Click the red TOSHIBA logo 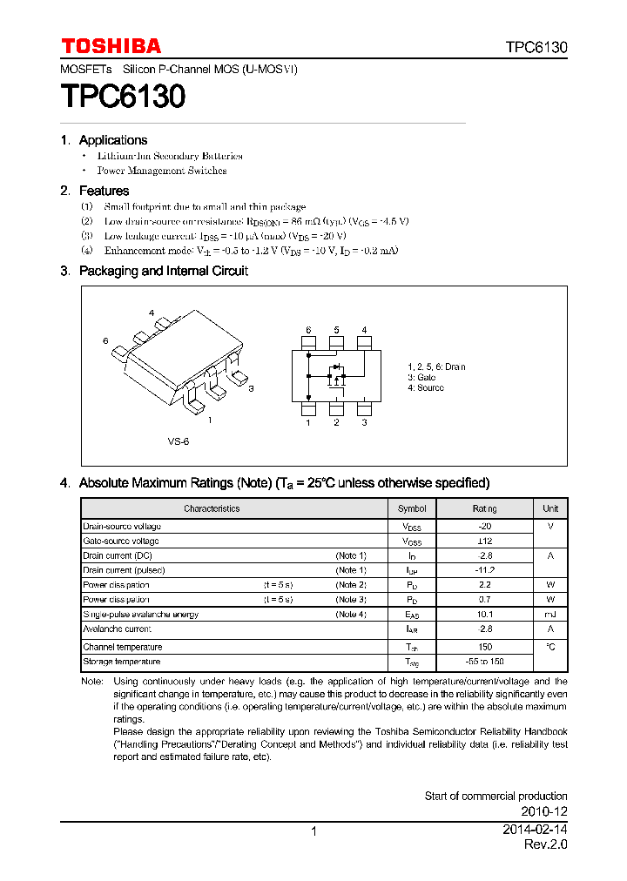(111, 46)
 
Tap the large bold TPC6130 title (123, 96)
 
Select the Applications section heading (112, 140)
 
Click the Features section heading (104, 191)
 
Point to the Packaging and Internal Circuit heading (163, 271)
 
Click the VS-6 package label (178, 441)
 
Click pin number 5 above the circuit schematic (336, 330)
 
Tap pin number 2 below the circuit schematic (336, 422)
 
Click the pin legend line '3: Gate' (421, 378)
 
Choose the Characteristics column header (211, 508)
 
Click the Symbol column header (412, 508)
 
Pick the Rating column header (484, 508)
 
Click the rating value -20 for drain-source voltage (485, 526)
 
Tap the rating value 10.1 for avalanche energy (485, 615)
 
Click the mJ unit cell (550, 615)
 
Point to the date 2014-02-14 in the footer (535, 831)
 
